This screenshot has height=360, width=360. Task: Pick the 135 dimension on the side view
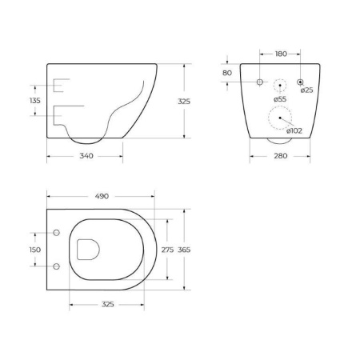(34, 102)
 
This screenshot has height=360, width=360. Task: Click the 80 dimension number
(227, 74)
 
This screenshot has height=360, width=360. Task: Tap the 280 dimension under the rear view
(279, 156)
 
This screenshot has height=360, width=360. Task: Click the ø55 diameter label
(280, 99)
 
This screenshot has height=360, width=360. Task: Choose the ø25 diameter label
(306, 90)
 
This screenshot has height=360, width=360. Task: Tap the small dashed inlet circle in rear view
(280, 84)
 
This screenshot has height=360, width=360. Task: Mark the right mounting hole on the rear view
(300, 83)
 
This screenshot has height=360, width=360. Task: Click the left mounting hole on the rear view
(260, 83)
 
